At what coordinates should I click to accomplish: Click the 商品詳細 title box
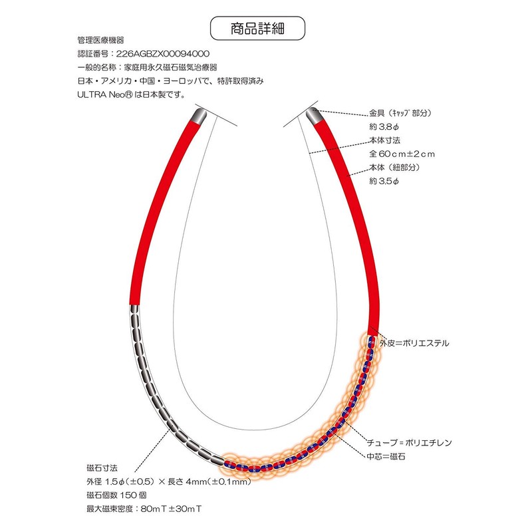(257, 28)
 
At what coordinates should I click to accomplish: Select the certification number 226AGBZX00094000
(163, 54)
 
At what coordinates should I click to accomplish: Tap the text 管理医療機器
(101, 40)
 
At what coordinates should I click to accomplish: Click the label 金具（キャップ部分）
(400, 113)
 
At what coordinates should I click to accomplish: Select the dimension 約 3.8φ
(384, 127)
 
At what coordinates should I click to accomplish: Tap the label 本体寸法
(385, 140)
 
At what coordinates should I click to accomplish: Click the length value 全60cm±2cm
(402, 154)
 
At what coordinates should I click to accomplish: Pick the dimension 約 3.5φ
(384, 181)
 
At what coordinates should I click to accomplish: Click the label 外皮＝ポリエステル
(414, 343)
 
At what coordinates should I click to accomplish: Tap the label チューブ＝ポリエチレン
(410, 442)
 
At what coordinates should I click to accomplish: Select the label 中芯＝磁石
(386, 456)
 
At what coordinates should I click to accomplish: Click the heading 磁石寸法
(102, 468)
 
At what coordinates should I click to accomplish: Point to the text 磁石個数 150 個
(116, 495)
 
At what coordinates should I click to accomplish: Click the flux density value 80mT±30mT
(172, 509)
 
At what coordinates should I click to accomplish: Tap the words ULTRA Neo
(101, 94)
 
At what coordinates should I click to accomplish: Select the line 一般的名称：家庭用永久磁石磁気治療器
(147, 67)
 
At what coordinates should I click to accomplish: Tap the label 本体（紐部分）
(394, 168)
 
